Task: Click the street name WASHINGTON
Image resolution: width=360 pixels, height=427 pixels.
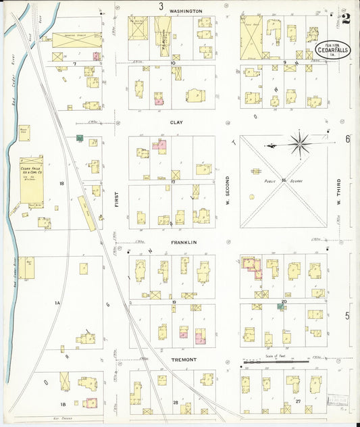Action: tap(186, 11)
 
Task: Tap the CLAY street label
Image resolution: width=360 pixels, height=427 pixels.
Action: tap(176, 123)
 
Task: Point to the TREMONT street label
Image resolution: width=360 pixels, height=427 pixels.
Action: tap(184, 359)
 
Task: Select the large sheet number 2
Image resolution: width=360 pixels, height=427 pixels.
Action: tap(346, 19)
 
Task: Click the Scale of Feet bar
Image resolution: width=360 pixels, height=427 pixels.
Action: tap(276, 362)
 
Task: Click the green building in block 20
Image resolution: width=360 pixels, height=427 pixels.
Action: tap(280, 307)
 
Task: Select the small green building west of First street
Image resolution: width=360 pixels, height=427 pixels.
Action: tap(80, 139)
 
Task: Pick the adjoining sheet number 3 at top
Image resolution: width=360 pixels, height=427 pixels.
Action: tap(161, 6)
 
